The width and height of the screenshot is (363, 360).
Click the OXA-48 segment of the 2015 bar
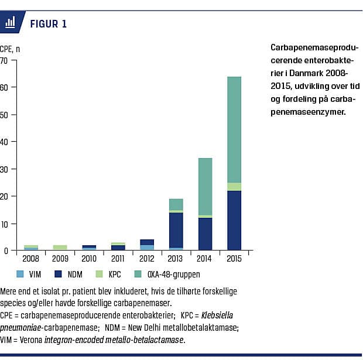(234, 129)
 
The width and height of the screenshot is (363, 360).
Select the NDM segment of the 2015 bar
(234, 220)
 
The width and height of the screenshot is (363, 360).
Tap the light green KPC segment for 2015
(234, 187)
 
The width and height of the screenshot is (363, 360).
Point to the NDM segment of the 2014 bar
(205, 234)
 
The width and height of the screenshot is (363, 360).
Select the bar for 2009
(60, 248)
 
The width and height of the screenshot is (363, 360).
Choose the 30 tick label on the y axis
(5, 169)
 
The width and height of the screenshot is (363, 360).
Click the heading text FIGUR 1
(48, 23)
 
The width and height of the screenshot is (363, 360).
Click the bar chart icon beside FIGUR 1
(11, 23)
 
